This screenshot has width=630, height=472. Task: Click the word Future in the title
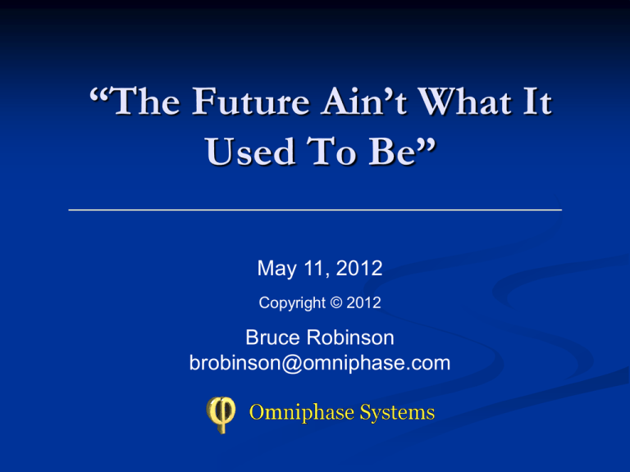[250, 101]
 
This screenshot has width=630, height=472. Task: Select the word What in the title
[465, 101]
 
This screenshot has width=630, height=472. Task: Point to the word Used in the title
[250, 151]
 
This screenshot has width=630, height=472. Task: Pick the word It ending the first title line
[537, 101]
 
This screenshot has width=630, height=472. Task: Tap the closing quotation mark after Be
[427, 144]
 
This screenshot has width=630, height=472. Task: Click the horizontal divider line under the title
[315, 210]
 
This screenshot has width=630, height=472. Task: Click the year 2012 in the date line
[358, 268]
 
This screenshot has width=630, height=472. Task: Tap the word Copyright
[292, 303]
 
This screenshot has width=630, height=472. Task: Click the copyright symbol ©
[336, 302]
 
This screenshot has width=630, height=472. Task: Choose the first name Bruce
[273, 337]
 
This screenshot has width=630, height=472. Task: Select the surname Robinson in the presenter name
[350, 337]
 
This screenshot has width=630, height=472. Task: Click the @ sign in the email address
[292, 364]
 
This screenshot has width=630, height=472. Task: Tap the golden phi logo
[221, 415]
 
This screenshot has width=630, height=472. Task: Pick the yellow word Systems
[397, 413]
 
